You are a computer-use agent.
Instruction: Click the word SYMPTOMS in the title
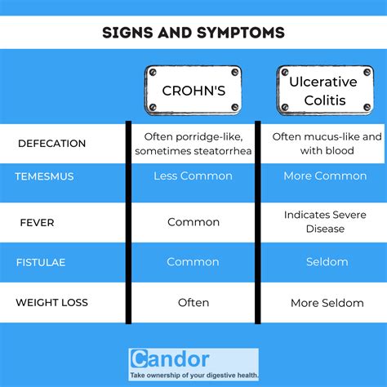pos(241,33)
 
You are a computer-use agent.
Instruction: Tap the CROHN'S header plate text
pos(193,91)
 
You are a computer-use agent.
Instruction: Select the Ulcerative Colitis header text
pos(323,91)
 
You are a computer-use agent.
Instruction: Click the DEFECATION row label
pos(51,144)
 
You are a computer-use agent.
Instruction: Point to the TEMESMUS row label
pos(44,176)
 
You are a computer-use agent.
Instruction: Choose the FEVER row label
pos(37,223)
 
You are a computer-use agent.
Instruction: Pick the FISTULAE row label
pos(41,262)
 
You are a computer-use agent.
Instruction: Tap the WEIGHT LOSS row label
pos(51,302)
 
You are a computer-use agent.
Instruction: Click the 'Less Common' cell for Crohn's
pos(193,176)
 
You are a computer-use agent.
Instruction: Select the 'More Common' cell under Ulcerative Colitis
pos(325,176)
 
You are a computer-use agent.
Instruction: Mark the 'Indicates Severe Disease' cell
pos(325,221)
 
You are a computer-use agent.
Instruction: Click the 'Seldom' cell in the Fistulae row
pos(327,262)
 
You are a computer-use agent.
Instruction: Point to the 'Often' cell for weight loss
pos(193,302)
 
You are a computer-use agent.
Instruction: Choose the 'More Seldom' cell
pos(327,303)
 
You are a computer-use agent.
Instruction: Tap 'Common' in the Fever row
pos(193,222)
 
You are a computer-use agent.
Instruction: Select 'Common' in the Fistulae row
pos(193,262)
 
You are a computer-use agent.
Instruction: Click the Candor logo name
pos(170,359)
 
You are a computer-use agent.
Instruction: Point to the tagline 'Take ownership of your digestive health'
pos(194,376)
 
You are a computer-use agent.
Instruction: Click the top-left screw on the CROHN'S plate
pos(153,72)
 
